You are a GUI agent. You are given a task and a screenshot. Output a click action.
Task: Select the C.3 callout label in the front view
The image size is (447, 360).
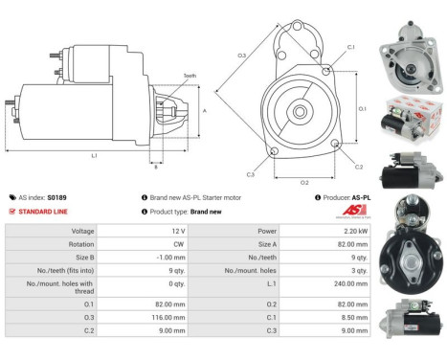pos(250,174)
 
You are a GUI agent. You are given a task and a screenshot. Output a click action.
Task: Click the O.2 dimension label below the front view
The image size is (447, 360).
pos(304,182)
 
